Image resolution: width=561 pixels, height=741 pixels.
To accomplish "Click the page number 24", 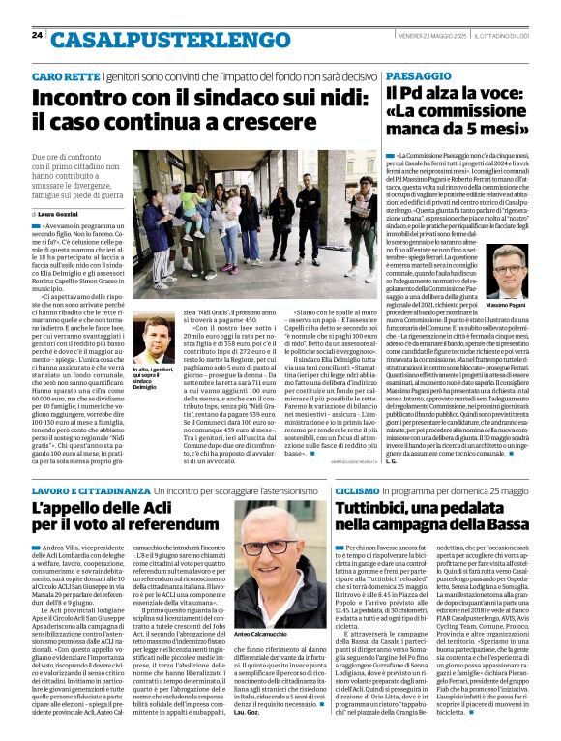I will point(37,35).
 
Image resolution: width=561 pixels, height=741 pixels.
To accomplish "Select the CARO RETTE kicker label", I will point(65,75).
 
